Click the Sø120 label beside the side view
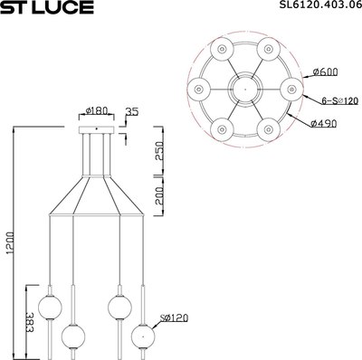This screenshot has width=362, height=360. click(173, 318)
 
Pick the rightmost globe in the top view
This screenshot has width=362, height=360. click(289, 88)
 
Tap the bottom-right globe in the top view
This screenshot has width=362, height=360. click(266, 128)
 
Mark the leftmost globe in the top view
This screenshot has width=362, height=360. click(197, 89)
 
